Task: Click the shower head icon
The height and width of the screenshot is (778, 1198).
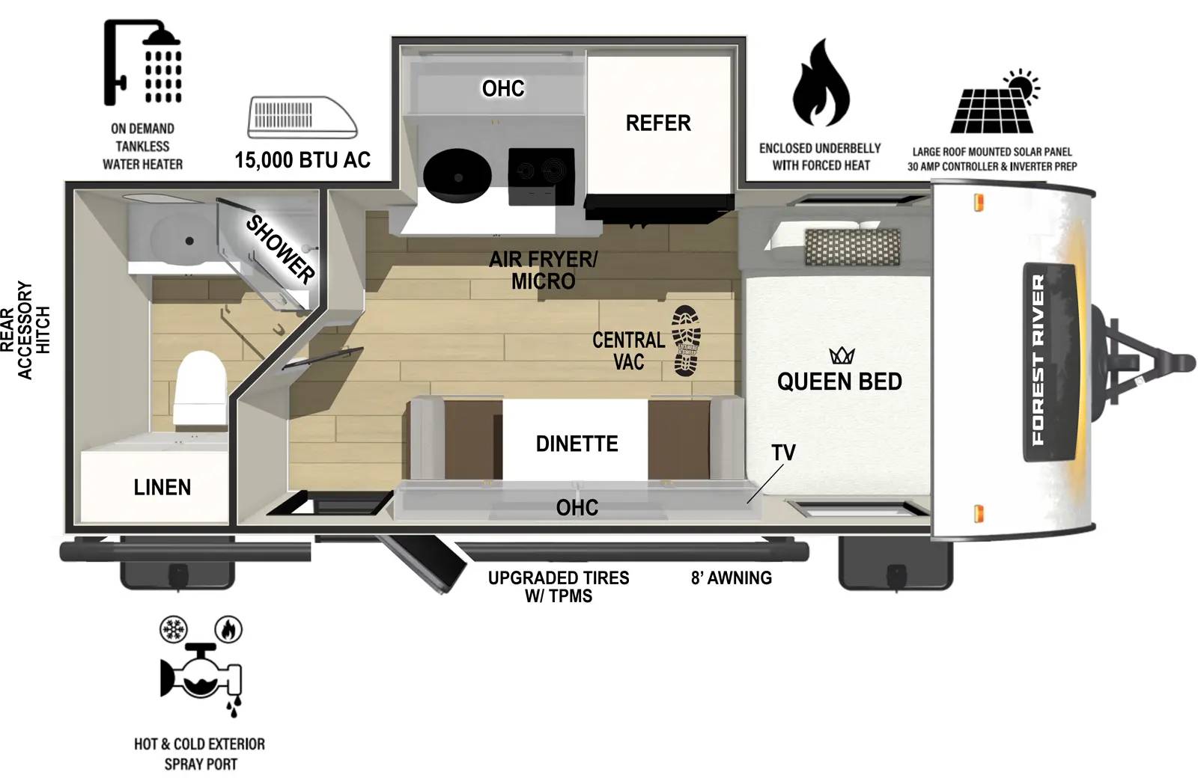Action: coord(143,61)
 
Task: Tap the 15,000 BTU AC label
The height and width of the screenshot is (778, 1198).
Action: coord(302,159)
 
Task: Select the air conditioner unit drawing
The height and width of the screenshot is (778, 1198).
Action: coord(302,117)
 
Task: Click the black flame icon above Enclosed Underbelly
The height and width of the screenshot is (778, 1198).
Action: coord(821,84)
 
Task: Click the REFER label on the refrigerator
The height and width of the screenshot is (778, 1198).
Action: coord(658,123)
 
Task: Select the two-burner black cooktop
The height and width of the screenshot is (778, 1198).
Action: coord(541,176)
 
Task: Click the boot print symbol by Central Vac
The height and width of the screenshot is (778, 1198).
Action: coord(687,340)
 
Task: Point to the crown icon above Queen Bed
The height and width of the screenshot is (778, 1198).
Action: coord(842,355)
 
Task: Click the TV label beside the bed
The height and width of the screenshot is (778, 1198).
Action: coord(783,453)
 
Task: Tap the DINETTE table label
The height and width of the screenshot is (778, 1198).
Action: coord(577,444)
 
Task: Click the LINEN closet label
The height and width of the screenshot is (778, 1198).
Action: coord(162,487)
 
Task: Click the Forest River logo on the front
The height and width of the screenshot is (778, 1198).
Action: coord(1038,360)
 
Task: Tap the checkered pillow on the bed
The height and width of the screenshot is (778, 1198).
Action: coord(852,247)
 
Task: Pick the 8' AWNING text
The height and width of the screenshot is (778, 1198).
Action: coord(731,578)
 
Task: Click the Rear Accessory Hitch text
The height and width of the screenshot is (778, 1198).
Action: coord(25,330)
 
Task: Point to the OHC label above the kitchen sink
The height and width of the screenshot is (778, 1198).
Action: coord(503,88)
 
